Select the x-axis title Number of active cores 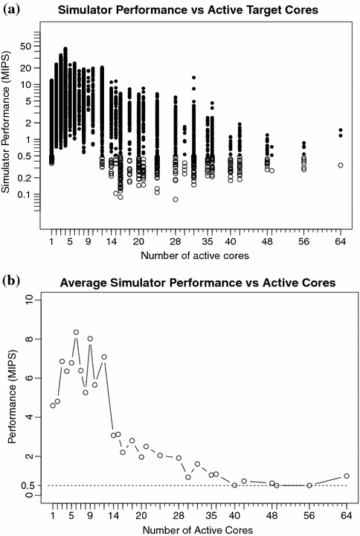[196, 255]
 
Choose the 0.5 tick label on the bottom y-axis [26, 485]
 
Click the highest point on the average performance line [76, 333]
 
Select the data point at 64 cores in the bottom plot [347, 476]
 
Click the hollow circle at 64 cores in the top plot [341, 165]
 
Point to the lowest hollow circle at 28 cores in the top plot [176, 200]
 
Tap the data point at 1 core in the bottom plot [52, 406]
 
